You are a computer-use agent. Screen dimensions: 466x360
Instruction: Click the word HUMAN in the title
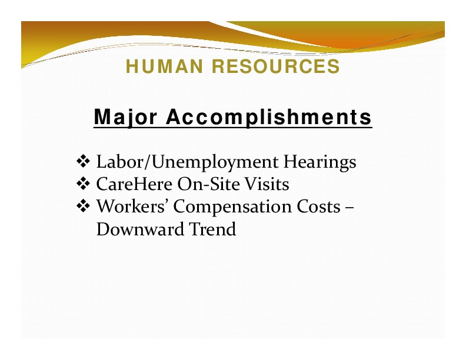click(164, 66)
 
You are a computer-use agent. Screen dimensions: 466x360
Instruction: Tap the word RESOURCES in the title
click(276, 66)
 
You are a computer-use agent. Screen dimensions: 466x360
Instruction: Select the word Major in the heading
click(125, 118)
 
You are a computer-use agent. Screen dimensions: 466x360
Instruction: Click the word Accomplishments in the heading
click(269, 116)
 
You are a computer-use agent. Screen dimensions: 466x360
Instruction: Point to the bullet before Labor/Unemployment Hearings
click(83, 162)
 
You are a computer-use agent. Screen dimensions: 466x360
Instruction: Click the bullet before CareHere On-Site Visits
click(83, 184)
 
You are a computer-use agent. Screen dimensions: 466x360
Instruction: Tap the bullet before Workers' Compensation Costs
click(83, 206)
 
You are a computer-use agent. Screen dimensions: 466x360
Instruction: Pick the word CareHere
click(134, 184)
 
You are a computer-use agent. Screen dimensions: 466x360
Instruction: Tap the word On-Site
click(209, 184)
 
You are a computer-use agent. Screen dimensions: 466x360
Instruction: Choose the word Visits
click(267, 184)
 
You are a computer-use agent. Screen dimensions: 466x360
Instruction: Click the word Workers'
click(131, 206)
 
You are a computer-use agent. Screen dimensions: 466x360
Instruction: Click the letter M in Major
click(102, 116)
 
